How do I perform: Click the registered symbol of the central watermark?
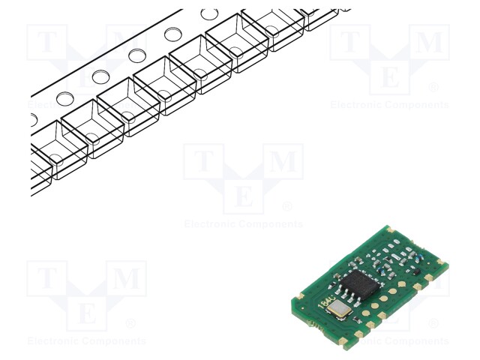coord(287,207)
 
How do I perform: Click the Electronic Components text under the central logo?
coord(244,224)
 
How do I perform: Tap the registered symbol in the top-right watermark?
coord(433,88)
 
